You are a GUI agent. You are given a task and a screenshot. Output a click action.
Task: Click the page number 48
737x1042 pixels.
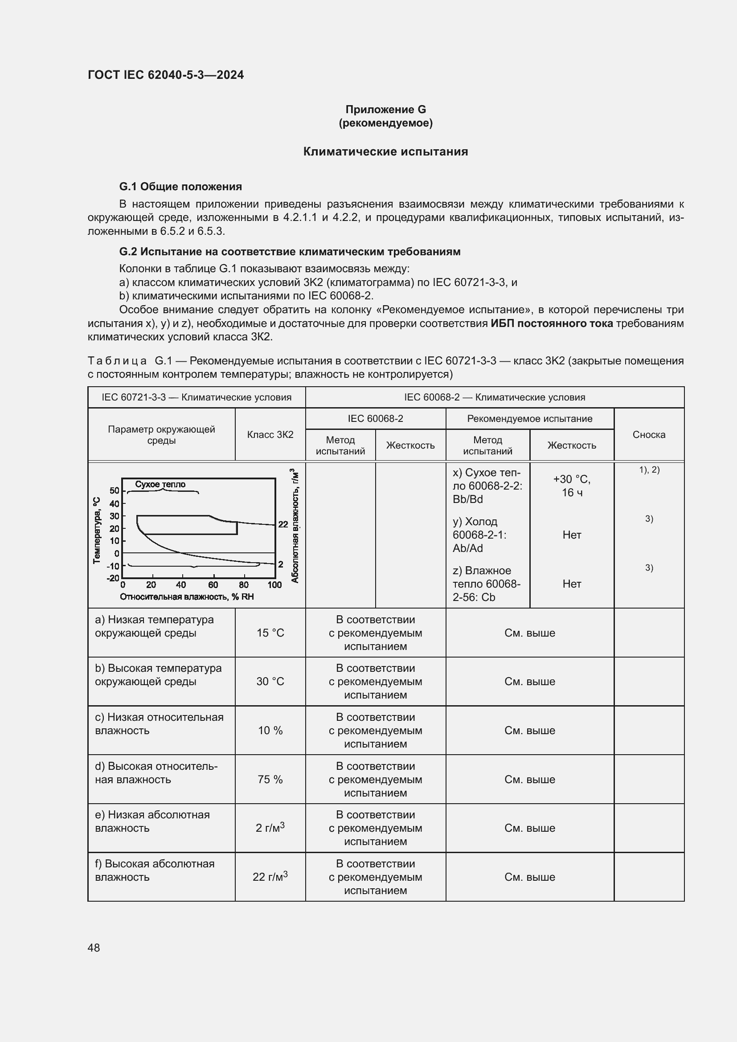[x=94, y=948]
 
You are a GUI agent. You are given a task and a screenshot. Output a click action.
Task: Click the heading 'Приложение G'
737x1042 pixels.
[x=385, y=110]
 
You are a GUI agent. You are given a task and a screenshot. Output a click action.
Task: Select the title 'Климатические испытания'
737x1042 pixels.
[x=385, y=151]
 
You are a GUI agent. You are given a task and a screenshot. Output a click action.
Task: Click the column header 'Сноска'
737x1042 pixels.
[x=648, y=434]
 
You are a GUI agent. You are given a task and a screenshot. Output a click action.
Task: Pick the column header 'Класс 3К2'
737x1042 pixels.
[x=270, y=434]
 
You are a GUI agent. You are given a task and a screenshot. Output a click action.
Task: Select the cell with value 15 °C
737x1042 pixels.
[x=270, y=633]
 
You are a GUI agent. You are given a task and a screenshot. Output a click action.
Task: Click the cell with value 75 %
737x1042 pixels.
[x=270, y=779]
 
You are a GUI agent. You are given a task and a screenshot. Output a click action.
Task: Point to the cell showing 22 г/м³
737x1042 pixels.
[x=270, y=876]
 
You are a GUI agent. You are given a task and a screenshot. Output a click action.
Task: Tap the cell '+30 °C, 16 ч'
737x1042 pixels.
[x=571, y=486]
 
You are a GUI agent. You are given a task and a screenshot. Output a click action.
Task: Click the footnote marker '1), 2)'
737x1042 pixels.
[x=649, y=470]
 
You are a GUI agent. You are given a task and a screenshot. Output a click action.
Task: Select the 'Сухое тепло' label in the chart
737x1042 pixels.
[x=160, y=484]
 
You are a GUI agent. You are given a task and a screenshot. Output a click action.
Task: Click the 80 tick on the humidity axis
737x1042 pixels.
[x=244, y=585]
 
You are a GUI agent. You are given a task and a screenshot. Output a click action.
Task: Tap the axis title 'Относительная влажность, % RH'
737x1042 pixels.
[x=187, y=597]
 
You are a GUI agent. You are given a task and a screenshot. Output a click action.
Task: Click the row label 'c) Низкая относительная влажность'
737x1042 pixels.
[x=159, y=724]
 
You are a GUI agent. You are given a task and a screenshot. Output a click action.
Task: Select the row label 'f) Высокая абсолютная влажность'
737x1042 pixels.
[x=154, y=870]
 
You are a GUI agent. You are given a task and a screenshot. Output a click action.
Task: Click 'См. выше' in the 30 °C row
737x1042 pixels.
[x=530, y=681]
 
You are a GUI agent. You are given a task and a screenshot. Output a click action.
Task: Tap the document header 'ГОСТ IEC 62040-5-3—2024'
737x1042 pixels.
[x=166, y=75]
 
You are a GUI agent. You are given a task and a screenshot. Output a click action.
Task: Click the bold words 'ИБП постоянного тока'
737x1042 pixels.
[x=551, y=323]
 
